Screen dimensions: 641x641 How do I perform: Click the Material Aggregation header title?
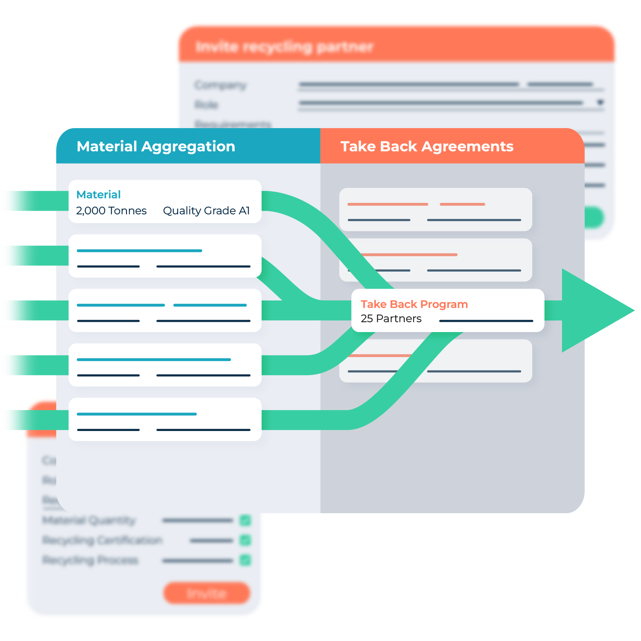pyautogui.click(x=156, y=146)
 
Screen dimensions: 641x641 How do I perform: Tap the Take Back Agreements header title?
pyautogui.click(x=427, y=146)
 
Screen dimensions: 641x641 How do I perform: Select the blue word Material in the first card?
pyautogui.click(x=99, y=194)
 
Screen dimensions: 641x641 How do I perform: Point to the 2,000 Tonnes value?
pyautogui.click(x=111, y=211)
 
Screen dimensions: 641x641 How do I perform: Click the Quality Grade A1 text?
pyautogui.click(x=206, y=211)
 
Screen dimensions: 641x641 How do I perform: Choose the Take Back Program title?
pyautogui.click(x=414, y=304)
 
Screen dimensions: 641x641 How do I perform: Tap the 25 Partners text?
pyautogui.click(x=391, y=319)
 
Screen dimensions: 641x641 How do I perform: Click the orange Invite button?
pyautogui.click(x=207, y=593)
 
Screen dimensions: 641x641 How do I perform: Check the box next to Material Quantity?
pyautogui.click(x=245, y=520)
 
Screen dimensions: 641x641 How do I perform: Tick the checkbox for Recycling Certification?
pyautogui.click(x=245, y=540)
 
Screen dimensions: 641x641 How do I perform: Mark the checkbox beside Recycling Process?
pyautogui.click(x=245, y=560)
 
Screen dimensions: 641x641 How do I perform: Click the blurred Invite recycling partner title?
pyautogui.click(x=284, y=47)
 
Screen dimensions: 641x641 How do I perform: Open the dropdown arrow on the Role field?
pyautogui.click(x=600, y=103)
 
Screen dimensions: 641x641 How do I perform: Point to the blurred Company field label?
pyautogui.click(x=221, y=85)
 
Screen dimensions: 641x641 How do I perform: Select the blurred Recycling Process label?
pyautogui.click(x=90, y=560)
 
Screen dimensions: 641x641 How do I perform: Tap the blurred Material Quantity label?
pyautogui.click(x=89, y=520)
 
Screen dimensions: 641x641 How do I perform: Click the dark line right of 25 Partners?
pyautogui.click(x=486, y=321)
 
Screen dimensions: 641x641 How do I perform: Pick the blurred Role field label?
pyautogui.click(x=206, y=105)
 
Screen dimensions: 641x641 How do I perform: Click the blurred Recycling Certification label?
pyautogui.click(x=103, y=540)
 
